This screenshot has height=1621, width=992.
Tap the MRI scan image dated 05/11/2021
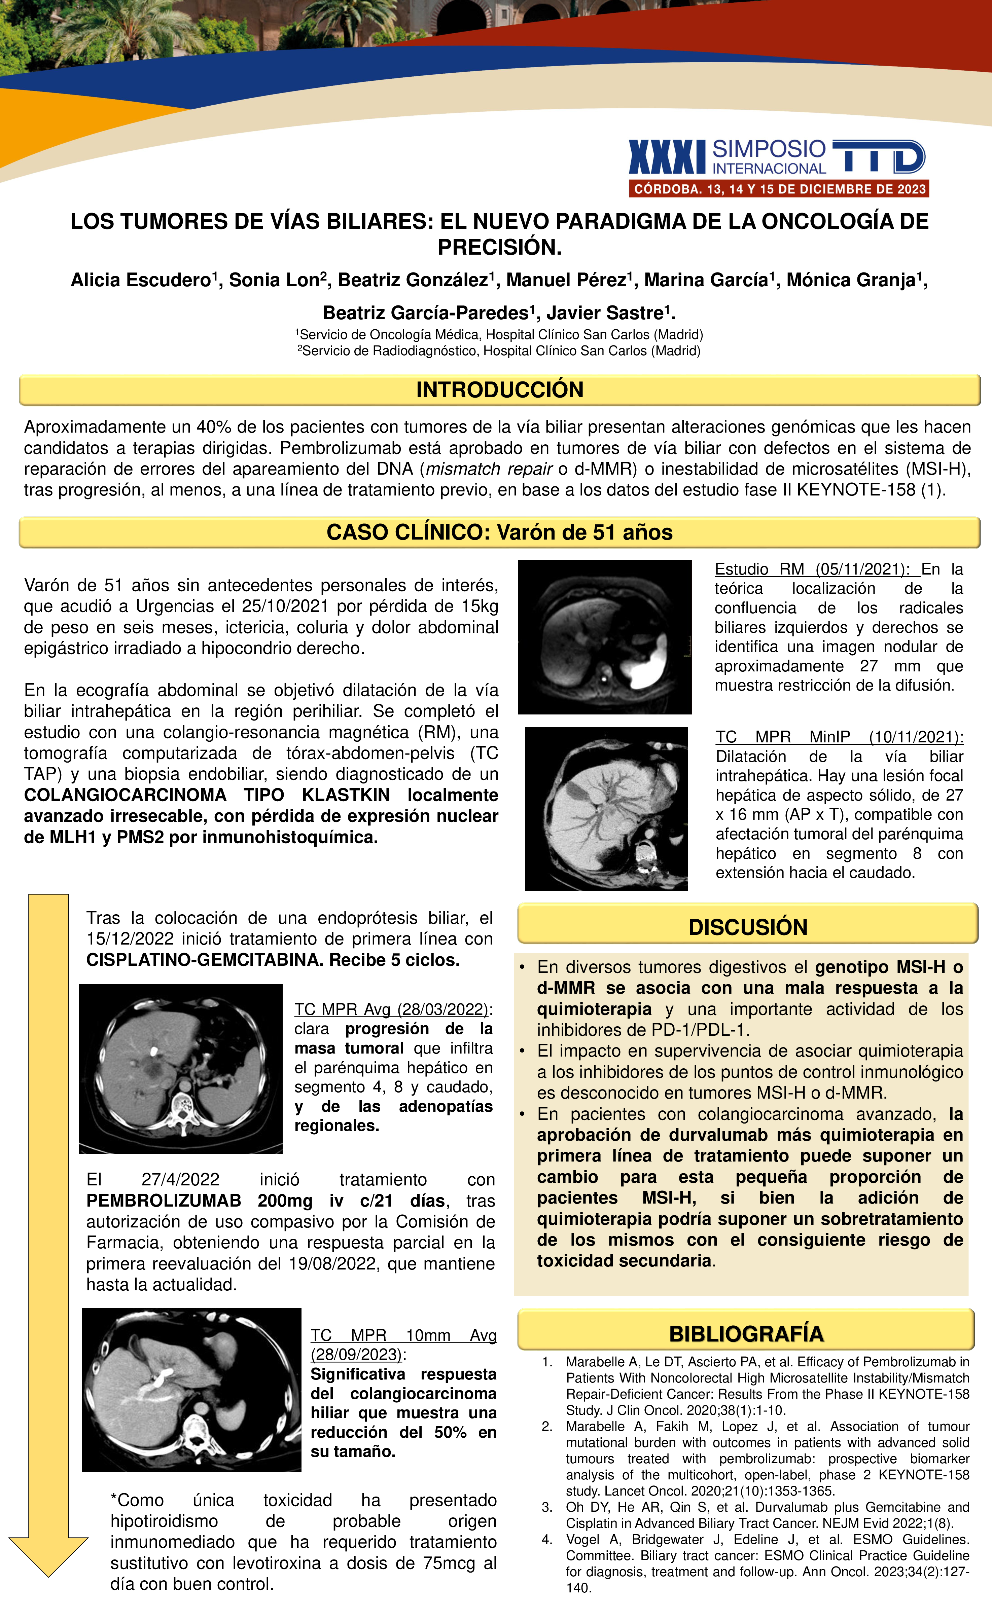(x=604, y=637)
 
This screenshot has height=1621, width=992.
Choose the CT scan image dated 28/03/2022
(x=180, y=1069)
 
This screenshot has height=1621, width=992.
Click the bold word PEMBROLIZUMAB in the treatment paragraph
(x=163, y=1201)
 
